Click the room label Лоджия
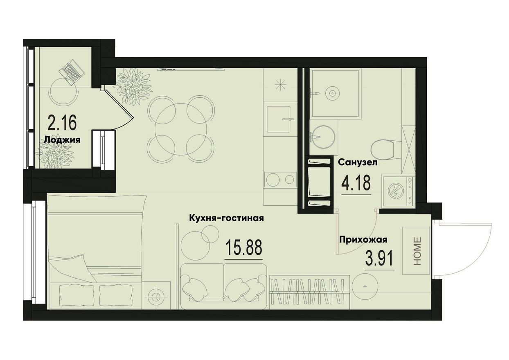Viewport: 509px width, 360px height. coord(62,139)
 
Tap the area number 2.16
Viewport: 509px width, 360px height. coord(62,122)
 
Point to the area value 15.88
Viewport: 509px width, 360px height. coord(244,248)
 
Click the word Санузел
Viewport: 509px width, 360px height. coord(358,162)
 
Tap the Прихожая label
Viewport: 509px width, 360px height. coord(363,240)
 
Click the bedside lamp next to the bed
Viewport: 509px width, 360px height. coord(155,296)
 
